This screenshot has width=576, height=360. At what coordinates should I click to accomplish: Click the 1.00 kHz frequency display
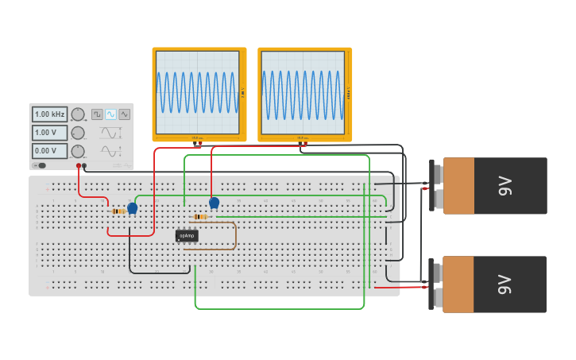(49, 114)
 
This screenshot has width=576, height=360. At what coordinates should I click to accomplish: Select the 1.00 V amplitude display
(49, 133)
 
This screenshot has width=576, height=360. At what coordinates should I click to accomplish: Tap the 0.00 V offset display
(49, 151)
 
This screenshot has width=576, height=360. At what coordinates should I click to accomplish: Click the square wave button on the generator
(97, 114)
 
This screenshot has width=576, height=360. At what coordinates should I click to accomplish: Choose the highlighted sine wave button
(110, 114)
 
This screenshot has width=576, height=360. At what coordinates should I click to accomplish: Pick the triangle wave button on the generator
(124, 114)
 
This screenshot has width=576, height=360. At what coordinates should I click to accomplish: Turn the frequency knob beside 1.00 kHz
(78, 114)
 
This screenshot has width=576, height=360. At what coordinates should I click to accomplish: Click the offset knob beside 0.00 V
(78, 151)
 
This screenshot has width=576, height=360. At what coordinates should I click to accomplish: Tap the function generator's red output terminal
(79, 166)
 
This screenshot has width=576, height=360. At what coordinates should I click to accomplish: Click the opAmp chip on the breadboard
(187, 236)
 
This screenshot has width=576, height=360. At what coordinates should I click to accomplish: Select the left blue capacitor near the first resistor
(133, 208)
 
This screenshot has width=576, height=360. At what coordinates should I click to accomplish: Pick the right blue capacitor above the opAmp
(214, 203)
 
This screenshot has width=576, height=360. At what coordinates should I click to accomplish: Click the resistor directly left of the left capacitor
(118, 211)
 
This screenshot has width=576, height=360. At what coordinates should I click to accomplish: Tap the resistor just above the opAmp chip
(200, 217)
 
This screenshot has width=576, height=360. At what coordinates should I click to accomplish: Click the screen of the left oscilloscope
(198, 93)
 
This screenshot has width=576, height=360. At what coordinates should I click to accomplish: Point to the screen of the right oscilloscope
(303, 93)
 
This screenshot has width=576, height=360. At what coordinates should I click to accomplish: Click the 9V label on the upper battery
(504, 186)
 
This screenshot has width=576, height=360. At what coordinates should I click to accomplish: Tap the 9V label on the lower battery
(504, 285)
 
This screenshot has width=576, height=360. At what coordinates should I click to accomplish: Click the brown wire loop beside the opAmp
(235, 236)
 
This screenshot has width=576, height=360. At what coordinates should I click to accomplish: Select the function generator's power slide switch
(41, 165)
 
